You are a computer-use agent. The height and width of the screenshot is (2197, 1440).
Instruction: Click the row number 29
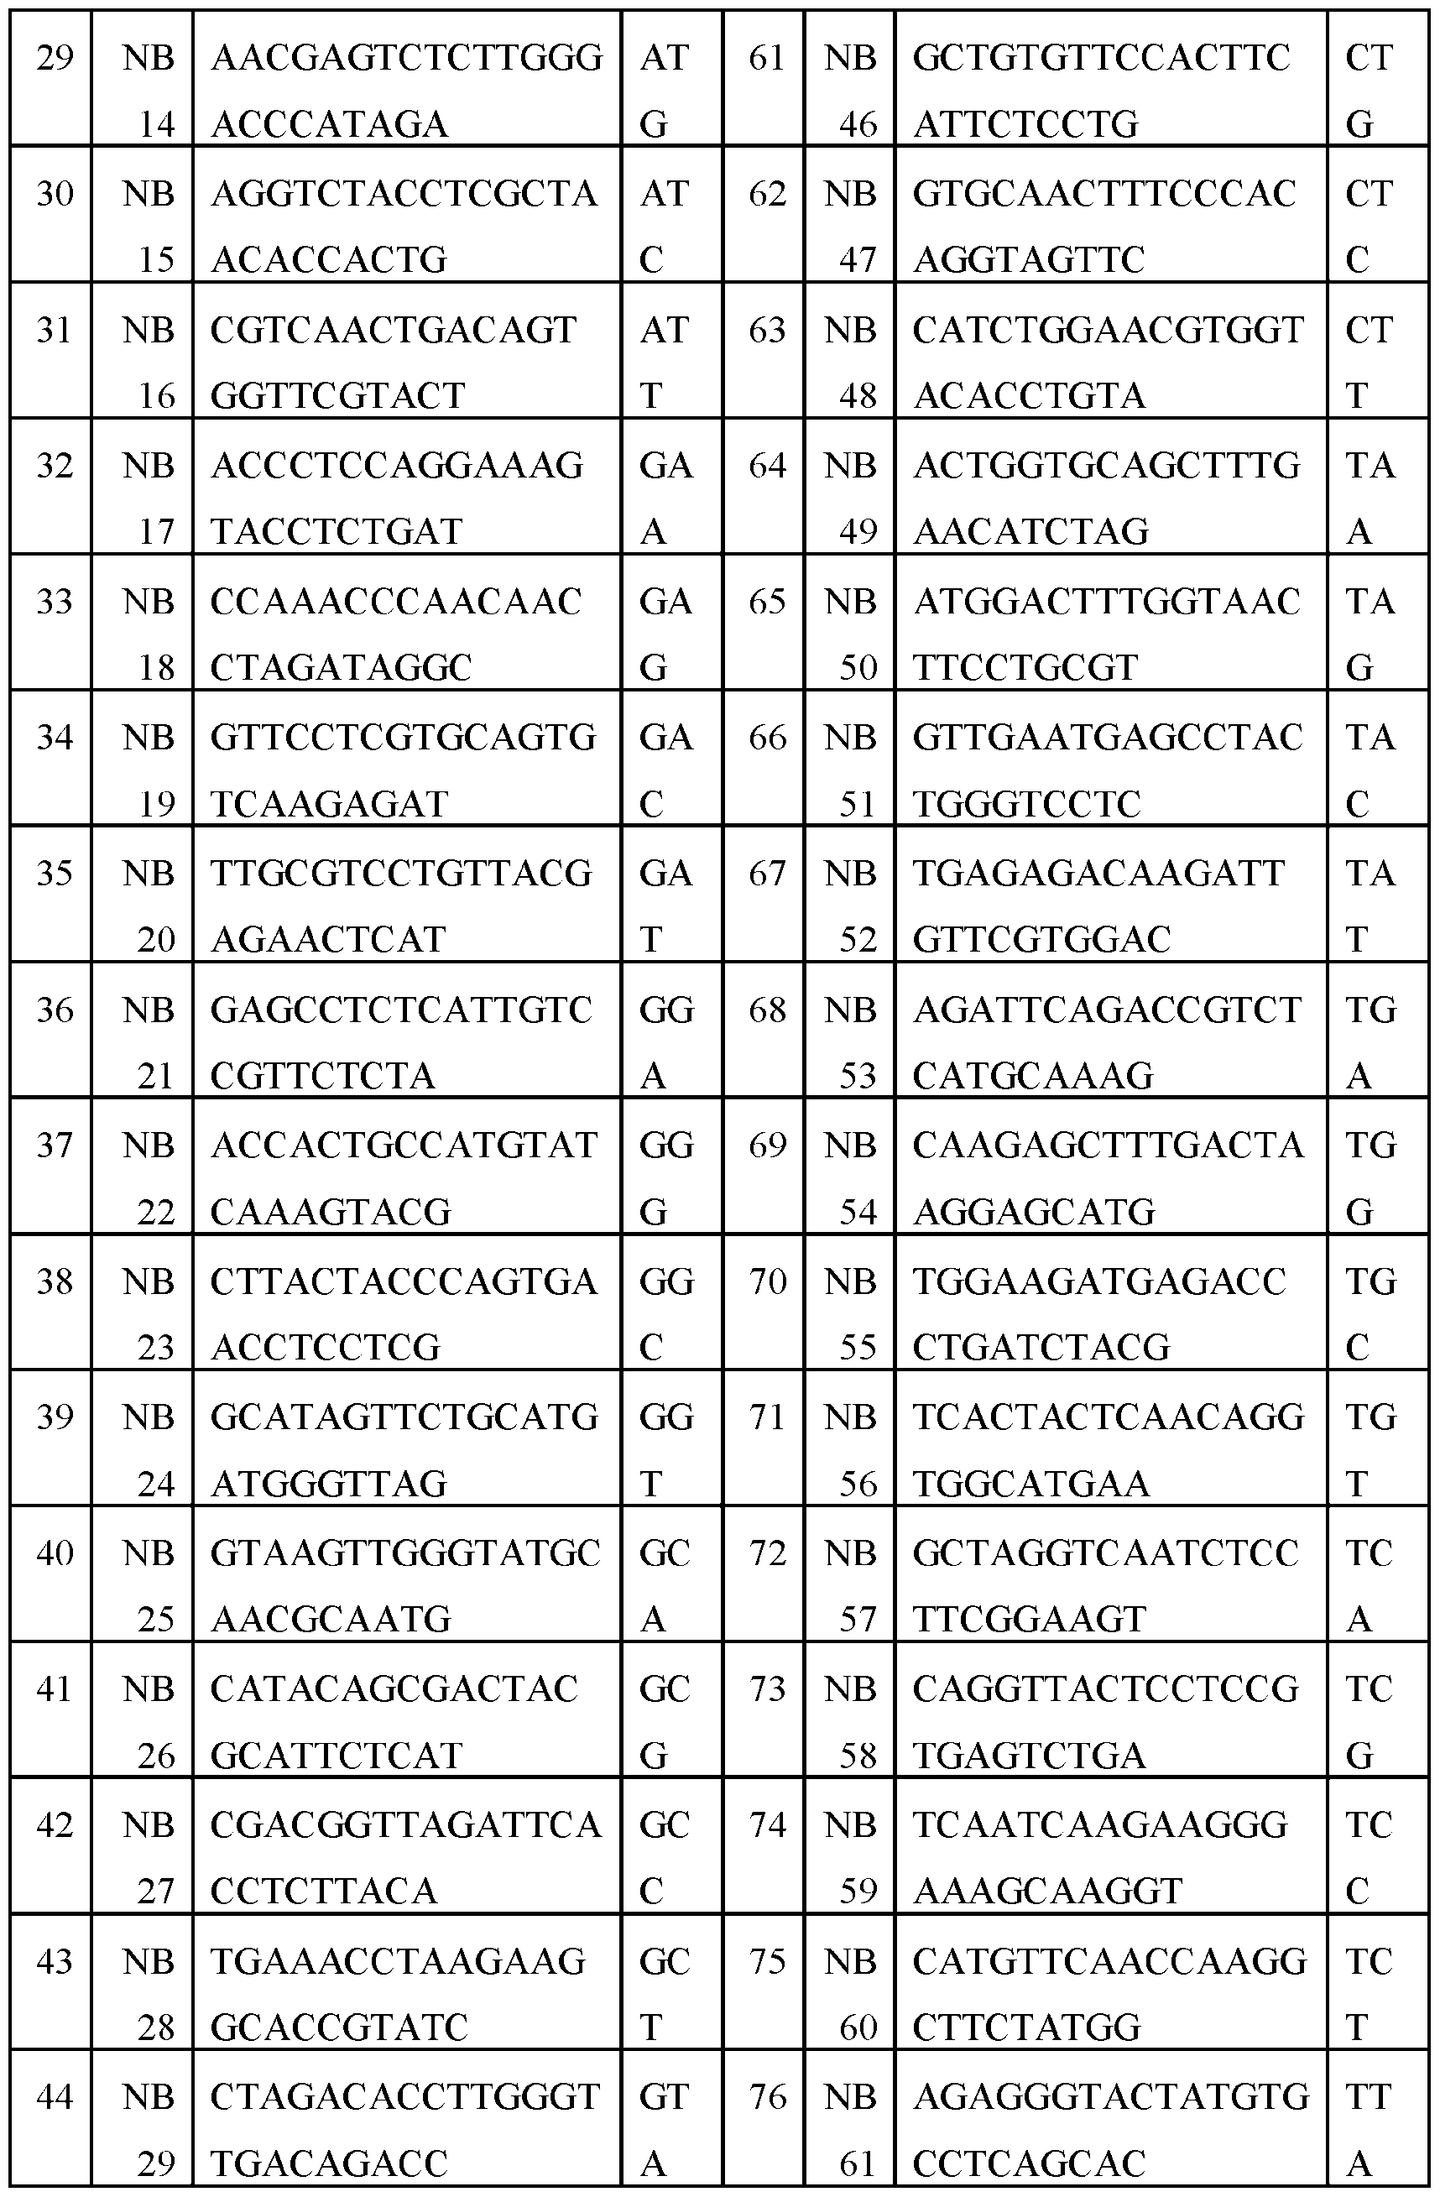tap(55, 58)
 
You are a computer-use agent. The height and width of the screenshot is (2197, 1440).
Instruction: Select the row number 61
tap(766, 58)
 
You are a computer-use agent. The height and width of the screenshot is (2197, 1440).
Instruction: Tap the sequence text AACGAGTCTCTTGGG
tap(406, 58)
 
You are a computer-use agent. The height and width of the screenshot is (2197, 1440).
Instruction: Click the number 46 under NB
tap(858, 124)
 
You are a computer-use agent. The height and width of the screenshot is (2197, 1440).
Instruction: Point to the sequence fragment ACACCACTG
tap(329, 260)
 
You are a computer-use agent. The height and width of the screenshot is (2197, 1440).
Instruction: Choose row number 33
tap(55, 602)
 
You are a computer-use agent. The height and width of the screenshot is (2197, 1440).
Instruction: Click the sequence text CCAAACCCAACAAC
tap(396, 602)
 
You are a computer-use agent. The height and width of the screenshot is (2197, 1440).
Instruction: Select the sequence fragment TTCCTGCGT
tap(1025, 668)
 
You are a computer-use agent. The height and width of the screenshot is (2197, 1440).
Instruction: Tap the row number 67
tap(766, 874)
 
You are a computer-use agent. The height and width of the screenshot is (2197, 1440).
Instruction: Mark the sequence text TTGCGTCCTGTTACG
tap(400, 874)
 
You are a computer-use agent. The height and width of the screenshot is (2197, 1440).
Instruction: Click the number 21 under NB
tap(156, 1077)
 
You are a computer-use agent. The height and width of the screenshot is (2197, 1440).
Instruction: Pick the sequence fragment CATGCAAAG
tap(1033, 1077)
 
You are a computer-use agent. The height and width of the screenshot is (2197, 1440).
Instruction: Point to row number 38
tap(55, 1281)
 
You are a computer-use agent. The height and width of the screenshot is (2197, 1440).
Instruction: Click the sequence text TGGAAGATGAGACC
tap(1099, 1281)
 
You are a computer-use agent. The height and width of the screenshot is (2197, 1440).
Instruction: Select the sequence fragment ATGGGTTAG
tap(329, 1485)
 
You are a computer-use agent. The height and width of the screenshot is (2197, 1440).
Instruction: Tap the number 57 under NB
tap(858, 1620)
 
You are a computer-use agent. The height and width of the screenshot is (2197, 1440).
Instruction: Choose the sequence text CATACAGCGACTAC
tap(394, 1689)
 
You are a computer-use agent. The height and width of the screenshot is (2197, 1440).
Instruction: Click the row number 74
tap(766, 1825)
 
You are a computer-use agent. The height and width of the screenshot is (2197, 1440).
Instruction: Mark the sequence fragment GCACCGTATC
tap(339, 2028)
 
